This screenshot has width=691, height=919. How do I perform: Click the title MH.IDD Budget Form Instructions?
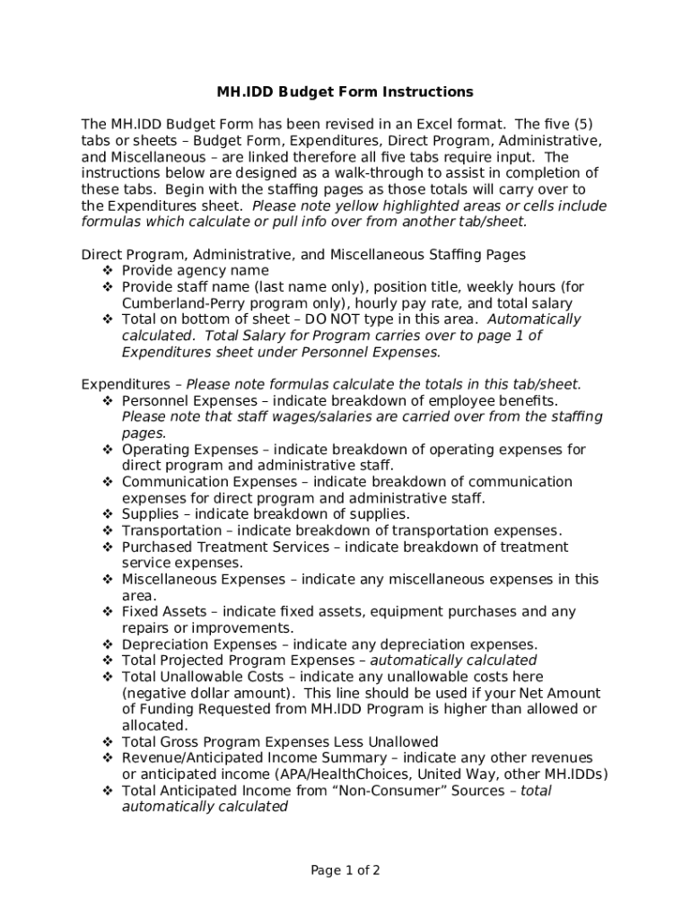tap(345, 92)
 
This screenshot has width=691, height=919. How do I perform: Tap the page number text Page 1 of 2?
tap(345, 870)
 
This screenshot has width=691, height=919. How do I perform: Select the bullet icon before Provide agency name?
tap(107, 271)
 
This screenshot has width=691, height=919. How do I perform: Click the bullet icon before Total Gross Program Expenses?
tap(107, 742)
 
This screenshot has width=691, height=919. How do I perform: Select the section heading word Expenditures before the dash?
tap(125, 384)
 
